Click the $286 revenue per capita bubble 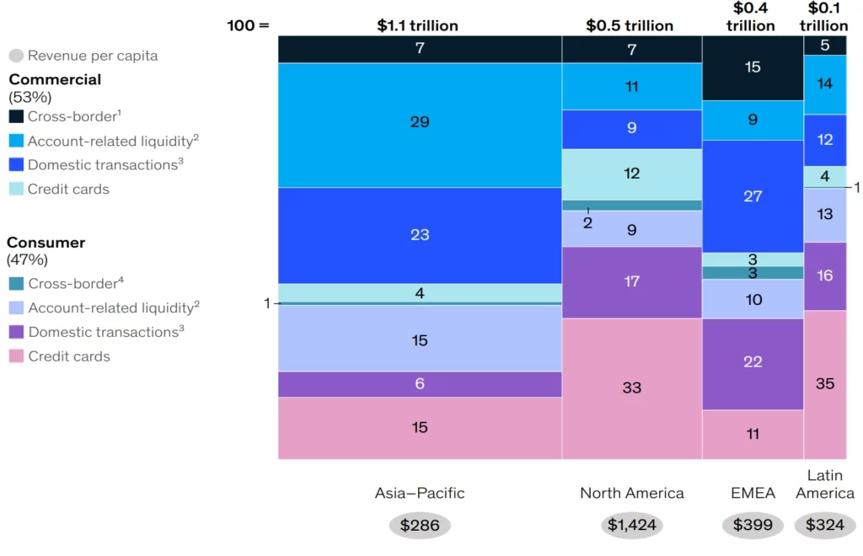[420, 526]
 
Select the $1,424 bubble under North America [631, 526]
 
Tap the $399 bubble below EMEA [753, 526]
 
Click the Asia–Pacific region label [420, 493]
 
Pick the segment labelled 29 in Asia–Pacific [420, 122]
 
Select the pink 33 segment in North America [631, 388]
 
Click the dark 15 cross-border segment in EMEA [753, 67]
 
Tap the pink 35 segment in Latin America [825, 383]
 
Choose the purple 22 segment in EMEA [753, 362]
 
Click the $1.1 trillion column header [417, 25]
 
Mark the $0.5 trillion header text [630, 25]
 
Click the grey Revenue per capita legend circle [16, 56]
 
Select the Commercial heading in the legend [55, 80]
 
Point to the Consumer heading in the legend [46, 243]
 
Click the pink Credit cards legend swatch [16, 356]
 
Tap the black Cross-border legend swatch [16, 117]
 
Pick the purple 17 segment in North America [631, 281]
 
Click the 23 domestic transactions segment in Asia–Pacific [420, 235]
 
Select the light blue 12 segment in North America [631, 174]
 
